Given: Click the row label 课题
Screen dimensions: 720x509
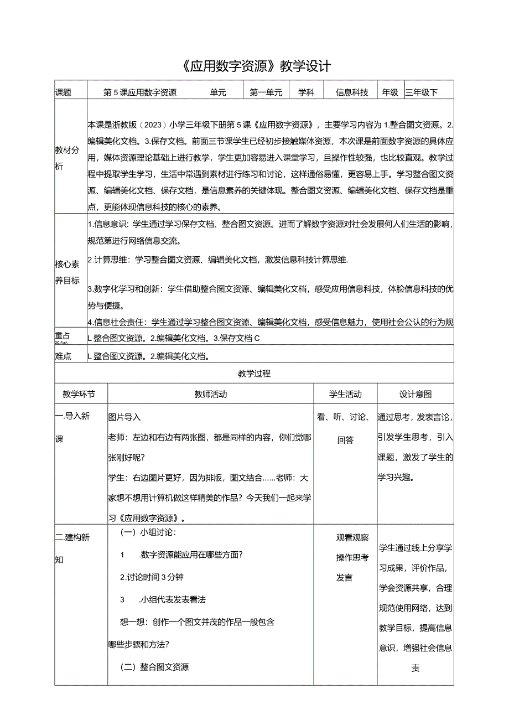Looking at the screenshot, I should [64, 93].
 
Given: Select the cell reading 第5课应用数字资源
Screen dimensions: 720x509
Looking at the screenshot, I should [141, 93].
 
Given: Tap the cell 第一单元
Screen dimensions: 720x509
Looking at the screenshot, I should [266, 93].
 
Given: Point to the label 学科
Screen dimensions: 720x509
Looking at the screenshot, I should [306, 93].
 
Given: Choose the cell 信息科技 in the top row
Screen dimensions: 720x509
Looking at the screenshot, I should [352, 93].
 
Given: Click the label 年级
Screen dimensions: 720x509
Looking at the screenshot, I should [390, 93].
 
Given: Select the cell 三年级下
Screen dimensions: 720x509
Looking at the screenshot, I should [422, 93].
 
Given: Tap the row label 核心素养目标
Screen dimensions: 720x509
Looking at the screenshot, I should [67, 272].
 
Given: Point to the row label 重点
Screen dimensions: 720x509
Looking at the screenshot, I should [63, 335].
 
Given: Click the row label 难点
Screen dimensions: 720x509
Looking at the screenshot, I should [64, 356].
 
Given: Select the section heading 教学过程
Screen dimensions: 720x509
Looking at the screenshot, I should [254, 374].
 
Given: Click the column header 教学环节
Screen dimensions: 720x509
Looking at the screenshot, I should [79, 395].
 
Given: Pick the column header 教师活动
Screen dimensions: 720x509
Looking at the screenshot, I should [211, 395].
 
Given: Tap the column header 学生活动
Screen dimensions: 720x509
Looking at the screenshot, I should [345, 395].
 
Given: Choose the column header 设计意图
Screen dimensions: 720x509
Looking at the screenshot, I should [415, 395].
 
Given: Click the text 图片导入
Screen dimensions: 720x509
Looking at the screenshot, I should [124, 417].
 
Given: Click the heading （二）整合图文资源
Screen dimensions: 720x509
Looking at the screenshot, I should [155, 667].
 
